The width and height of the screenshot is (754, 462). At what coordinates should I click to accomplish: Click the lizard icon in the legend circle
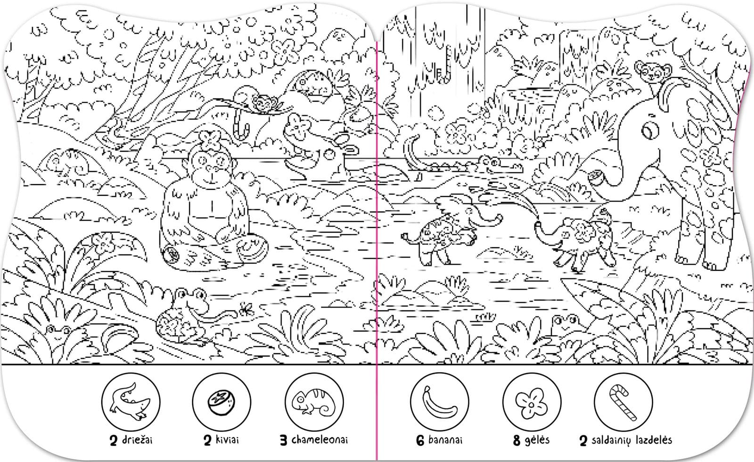130,402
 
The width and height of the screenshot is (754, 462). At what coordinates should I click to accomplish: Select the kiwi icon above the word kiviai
221,402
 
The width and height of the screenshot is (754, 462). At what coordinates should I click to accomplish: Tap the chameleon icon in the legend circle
314,402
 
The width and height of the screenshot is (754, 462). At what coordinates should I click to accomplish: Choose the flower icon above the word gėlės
532,402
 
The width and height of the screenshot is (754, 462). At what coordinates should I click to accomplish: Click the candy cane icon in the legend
623,403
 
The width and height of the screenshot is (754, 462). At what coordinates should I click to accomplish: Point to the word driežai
137,440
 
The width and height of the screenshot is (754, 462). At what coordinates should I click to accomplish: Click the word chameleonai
320,440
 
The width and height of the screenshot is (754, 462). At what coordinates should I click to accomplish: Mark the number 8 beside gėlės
516,440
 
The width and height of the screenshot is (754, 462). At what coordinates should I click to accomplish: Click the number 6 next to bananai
420,440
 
